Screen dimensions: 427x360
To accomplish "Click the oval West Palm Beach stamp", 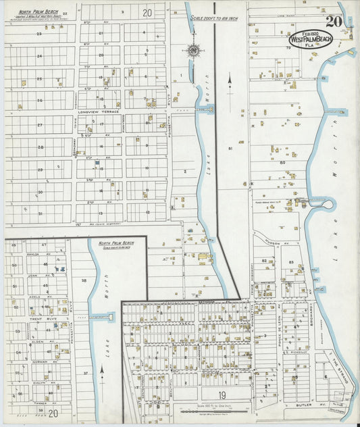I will (310, 39).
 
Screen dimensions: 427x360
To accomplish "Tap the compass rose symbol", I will (194, 51).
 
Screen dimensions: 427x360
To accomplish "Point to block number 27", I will (41, 125).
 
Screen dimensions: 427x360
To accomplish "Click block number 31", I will (41, 214).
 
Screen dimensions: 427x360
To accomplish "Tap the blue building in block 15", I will (98, 163).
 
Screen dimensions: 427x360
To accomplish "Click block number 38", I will (84, 280).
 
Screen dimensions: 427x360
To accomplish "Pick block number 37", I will (86, 372).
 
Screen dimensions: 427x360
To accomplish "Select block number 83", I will (292, 261).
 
